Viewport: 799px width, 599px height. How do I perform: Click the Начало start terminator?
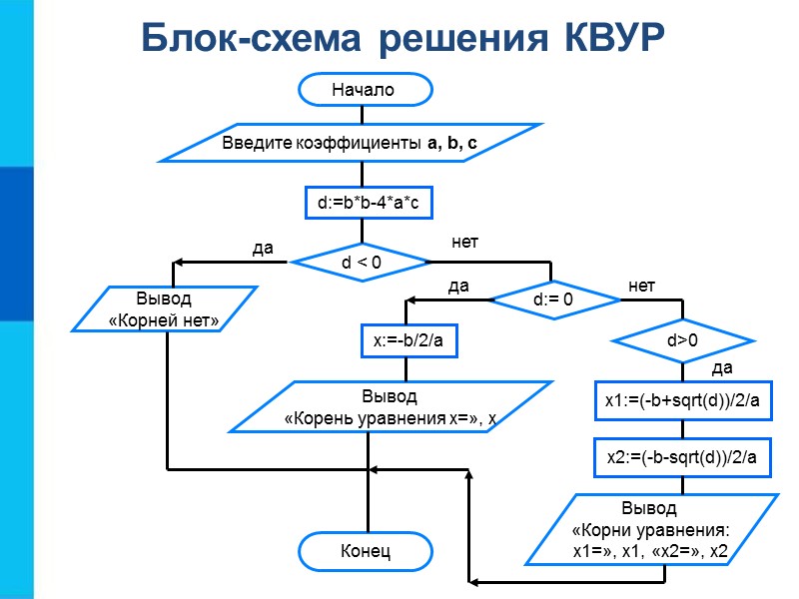365,90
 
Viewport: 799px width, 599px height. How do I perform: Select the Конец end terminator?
366,550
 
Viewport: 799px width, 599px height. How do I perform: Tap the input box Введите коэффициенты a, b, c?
351,143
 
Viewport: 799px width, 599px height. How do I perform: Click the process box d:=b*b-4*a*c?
368,204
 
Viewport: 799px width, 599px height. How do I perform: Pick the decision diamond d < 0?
361,263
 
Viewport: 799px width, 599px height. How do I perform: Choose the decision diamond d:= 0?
551,299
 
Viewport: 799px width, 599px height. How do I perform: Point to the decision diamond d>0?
682,340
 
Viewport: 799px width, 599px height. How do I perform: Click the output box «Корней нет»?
164,309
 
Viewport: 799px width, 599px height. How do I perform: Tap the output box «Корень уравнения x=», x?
391,407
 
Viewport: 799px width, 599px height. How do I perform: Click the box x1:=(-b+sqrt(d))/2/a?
683,400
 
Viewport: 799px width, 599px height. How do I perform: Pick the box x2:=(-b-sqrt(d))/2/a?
683,457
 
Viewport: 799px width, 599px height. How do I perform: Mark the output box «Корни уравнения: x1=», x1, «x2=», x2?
649,529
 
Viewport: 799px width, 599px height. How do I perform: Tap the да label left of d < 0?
263,247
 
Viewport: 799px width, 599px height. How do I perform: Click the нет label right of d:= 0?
641,287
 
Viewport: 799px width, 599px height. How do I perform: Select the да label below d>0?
721,368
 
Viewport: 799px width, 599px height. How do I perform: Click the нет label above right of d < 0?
465,242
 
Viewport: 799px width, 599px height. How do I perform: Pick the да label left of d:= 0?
457,287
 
